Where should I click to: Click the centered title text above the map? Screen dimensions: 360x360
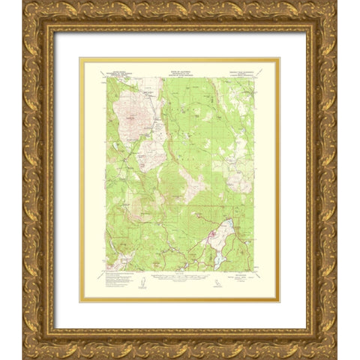coord(179,67)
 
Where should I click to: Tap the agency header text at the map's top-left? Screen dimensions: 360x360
coord(119,73)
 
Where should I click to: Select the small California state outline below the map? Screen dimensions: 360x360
coord(239,283)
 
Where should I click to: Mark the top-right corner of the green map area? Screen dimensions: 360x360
coord(253,76)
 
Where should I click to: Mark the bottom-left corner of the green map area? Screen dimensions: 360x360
coord(106,271)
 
